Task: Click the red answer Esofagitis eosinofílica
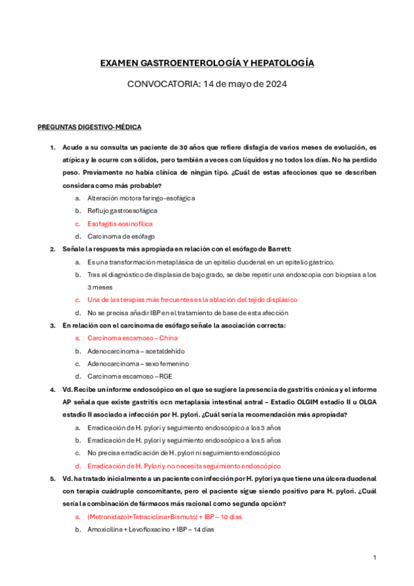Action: pyautogui.click(x=120, y=224)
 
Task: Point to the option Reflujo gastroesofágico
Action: pyautogui.click(x=122, y=211)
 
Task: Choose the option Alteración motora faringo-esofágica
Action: pyautogui.click(x=141, y=198)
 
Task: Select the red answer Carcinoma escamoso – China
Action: pyautogui.click(x=132, y=338)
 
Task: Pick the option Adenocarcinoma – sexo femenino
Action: pyautogui.click(x=138, y=363)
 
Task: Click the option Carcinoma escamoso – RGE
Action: pyautogui.click(x=129, y=377)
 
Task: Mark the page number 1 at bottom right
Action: pyautogui.click(x=374, y=557)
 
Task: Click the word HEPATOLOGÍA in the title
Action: pyautogui.click(x=284, y=63)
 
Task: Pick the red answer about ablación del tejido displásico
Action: pyautogui.click(x=192, y=300)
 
